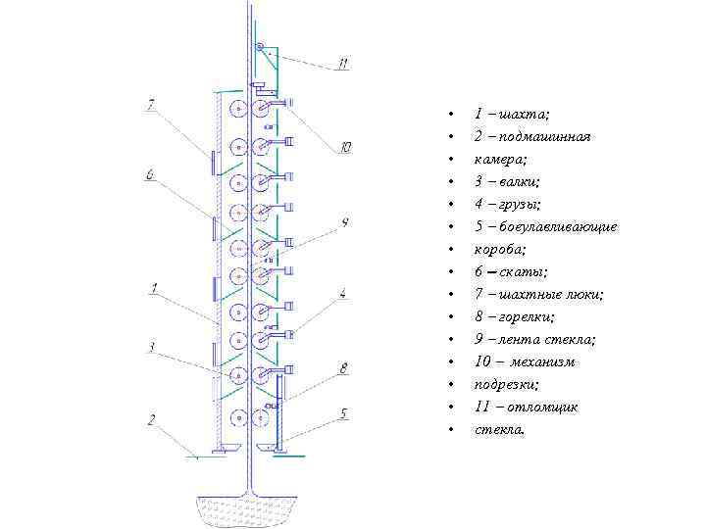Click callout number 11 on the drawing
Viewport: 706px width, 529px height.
342,64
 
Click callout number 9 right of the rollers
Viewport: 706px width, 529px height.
345,222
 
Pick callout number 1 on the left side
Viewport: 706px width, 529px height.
155,288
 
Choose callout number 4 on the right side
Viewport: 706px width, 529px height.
342,292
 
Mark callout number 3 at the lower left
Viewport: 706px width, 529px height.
151,346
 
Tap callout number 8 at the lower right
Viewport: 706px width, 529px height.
343,368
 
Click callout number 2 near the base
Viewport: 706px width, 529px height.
151,419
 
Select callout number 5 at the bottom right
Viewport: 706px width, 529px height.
343,412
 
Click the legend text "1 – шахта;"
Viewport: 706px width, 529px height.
511,115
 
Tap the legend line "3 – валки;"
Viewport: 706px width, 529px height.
507,181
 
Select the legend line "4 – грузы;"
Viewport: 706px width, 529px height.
507,204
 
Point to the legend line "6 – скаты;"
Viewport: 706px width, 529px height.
510,271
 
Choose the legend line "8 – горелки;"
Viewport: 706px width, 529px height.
514,316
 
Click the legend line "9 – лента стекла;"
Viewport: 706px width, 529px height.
534,339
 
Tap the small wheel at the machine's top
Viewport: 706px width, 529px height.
260,47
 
